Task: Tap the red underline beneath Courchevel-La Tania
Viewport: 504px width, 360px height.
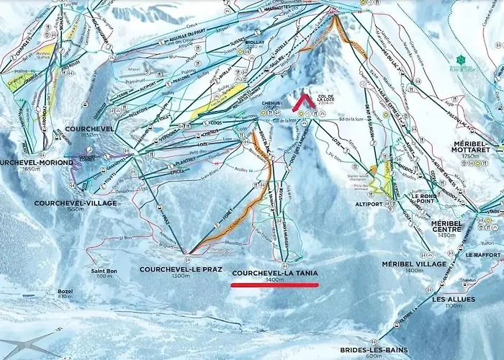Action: (274, 285)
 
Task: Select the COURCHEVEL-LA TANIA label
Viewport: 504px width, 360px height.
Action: (274, 274)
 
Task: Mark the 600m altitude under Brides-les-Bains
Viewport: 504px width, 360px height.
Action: (373, 356)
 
